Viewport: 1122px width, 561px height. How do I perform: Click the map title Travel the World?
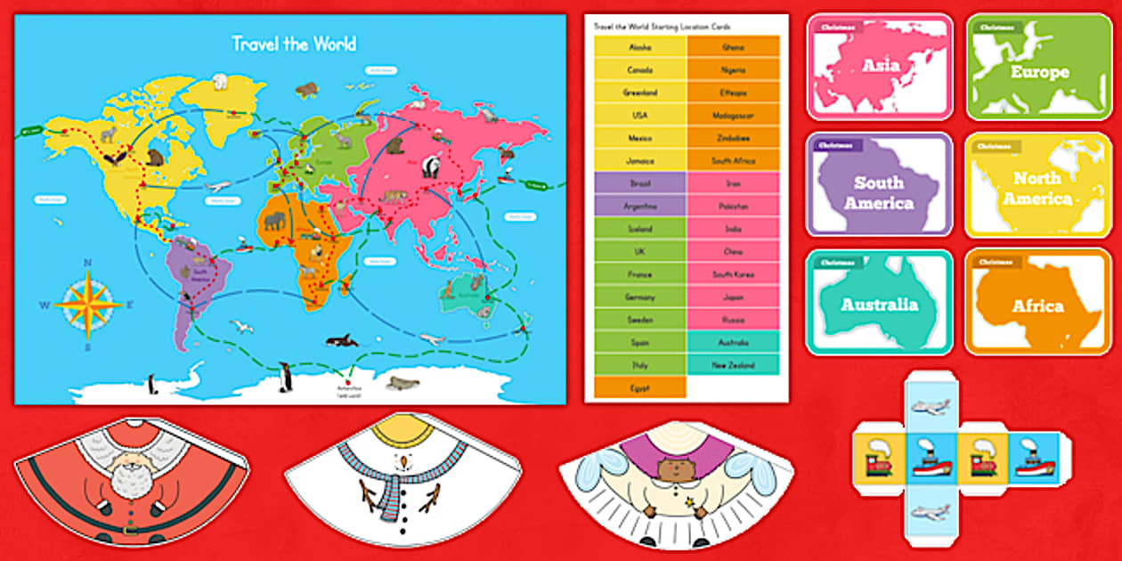click(294, 44)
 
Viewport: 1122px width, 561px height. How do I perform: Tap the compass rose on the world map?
click(87, 304)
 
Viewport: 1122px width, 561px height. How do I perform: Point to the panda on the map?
click(431, 166)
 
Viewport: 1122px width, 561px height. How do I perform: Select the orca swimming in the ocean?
click(342, 340)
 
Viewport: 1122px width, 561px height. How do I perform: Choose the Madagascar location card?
click(733, 116)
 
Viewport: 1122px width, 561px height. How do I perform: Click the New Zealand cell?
click(733, 365)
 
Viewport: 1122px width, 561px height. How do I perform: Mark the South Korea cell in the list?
click(733, 274)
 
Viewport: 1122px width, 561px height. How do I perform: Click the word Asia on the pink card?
click(881, 65)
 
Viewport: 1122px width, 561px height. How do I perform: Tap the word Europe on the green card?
click(1038, 71)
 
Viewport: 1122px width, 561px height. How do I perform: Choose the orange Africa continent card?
click(1037, 303)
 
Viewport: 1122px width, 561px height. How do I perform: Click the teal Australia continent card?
click(879, 303)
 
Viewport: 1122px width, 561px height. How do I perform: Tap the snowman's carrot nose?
click(404, 461)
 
